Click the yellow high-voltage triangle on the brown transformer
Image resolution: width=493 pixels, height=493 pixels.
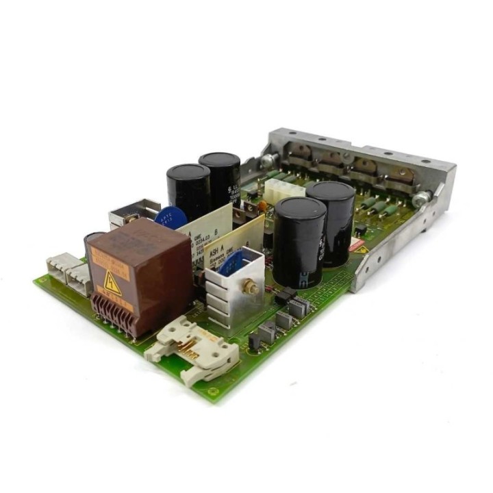112,283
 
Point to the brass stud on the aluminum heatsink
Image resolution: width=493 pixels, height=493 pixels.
253,288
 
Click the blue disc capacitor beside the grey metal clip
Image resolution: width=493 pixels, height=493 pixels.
171,218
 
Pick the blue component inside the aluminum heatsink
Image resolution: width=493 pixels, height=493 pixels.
231,264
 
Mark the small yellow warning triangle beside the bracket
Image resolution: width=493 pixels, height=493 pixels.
361,249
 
